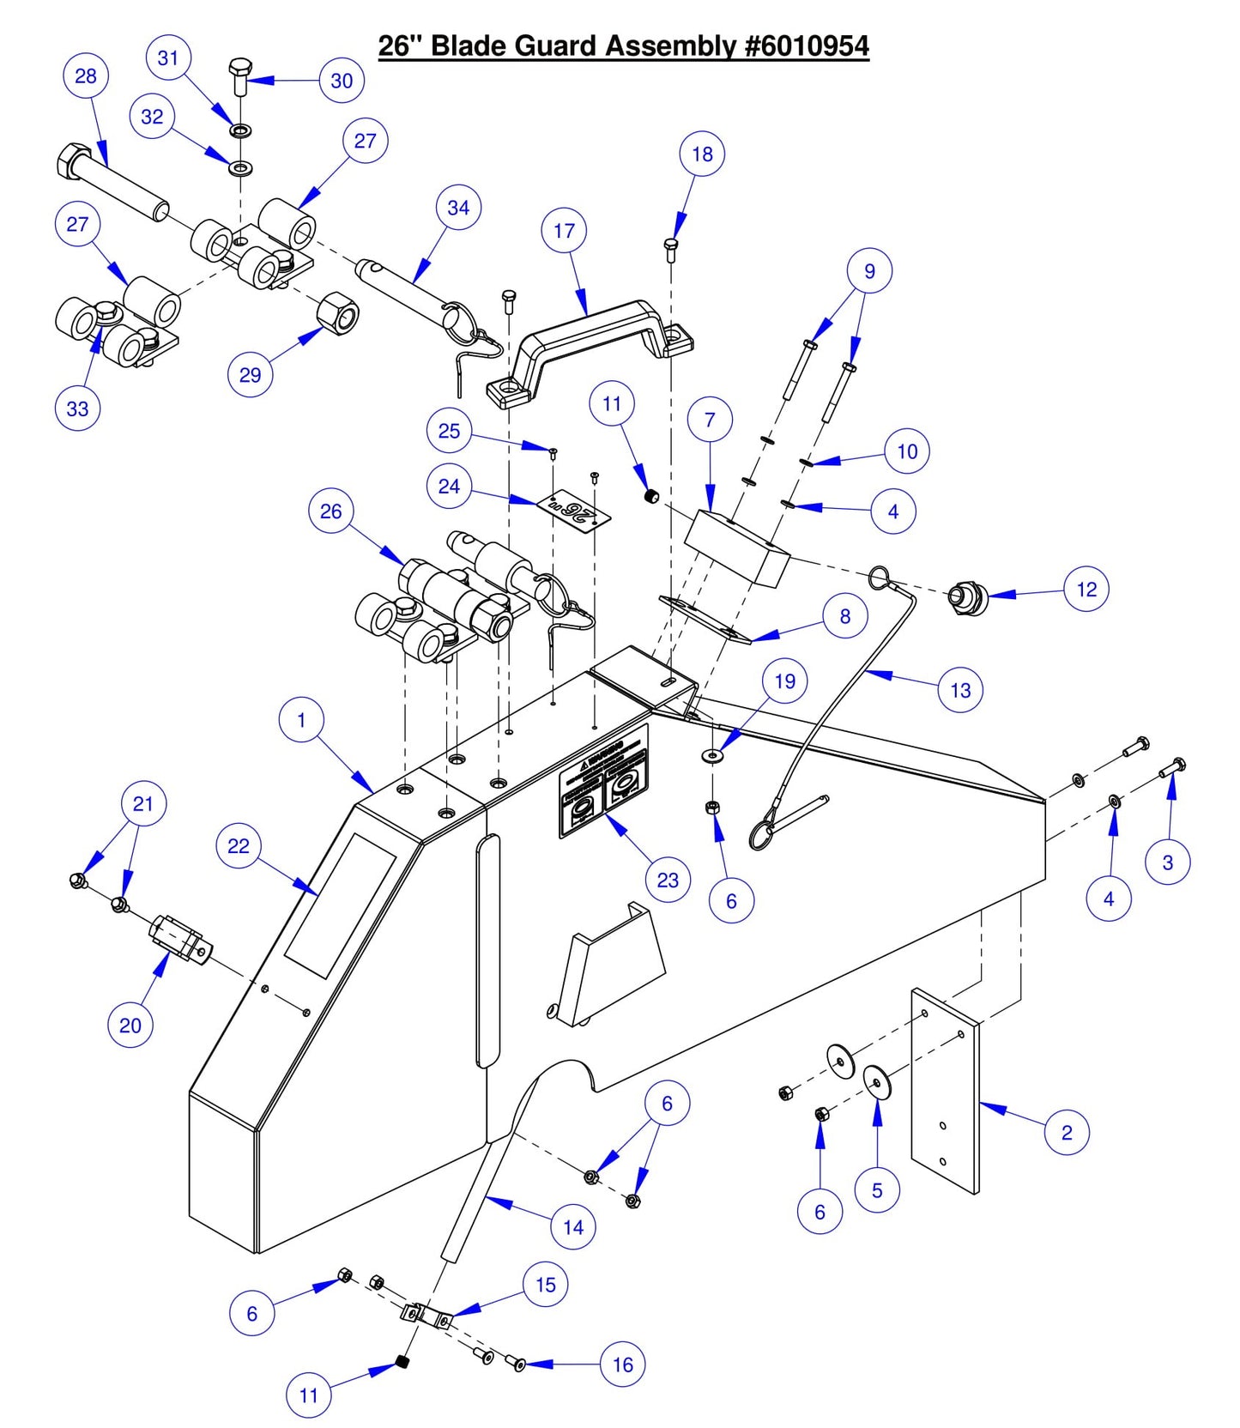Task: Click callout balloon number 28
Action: tap(86, 76)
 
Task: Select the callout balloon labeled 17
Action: tap(564, 231)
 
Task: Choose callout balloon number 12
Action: tap(1086, 590)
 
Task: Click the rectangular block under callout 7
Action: tap(738, 548)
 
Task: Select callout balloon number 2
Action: tap(1067, 1133)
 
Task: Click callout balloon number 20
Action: tap(130, 1026)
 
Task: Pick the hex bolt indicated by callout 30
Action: tap(241, 76)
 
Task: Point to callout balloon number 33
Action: tap(77, 408)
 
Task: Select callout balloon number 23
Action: tap(668, 880)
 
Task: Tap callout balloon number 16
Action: tap(622, 1364)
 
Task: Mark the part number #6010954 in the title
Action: tap(807, 45)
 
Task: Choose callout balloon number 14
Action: tap(573, 1227)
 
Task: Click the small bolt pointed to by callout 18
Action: tap(672, 249)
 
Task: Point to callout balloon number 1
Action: tap(301, 720)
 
